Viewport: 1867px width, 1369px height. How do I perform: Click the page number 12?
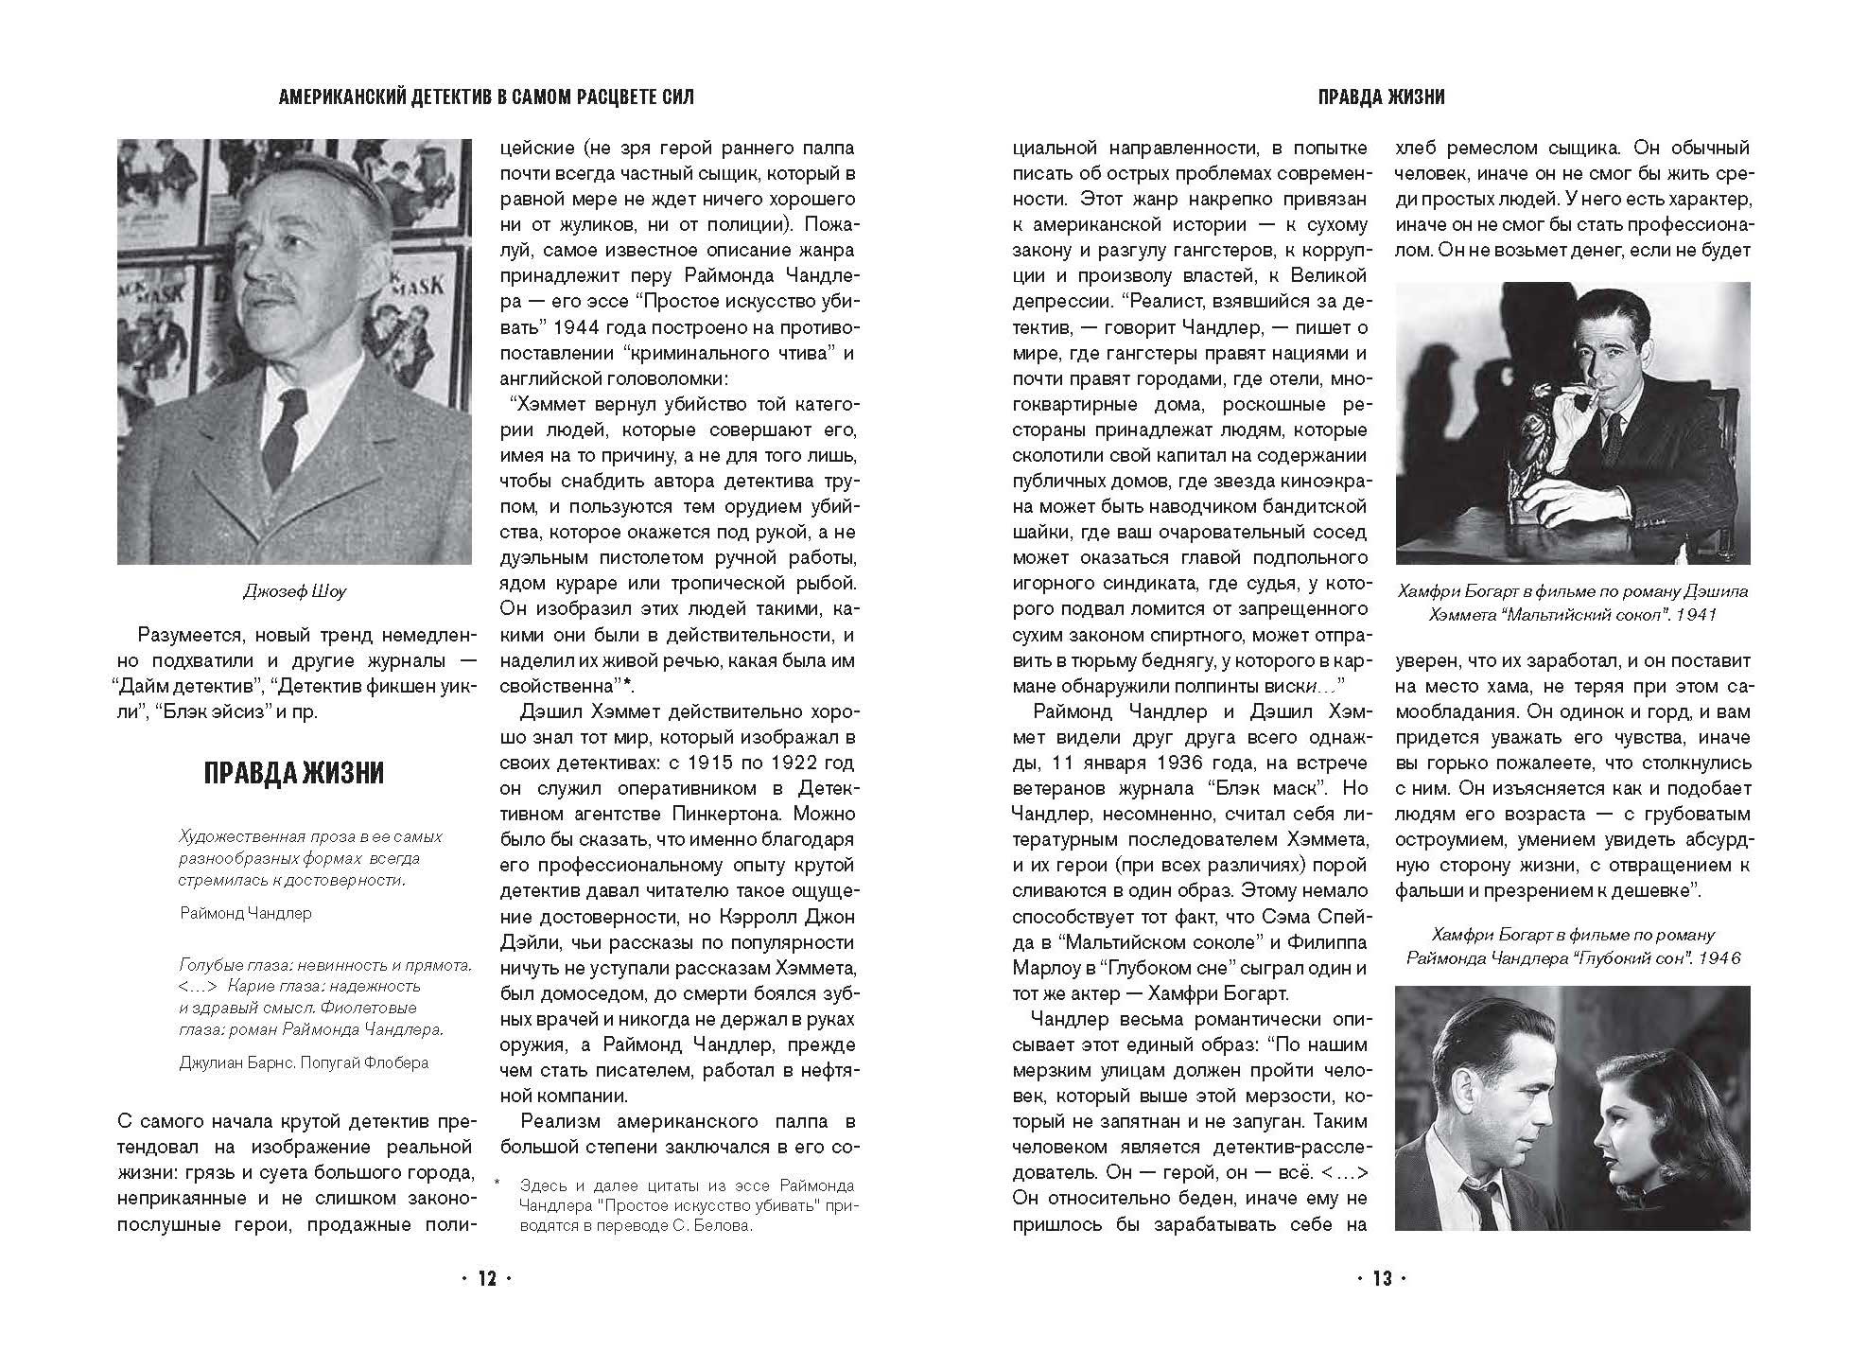[x=486, y=1279]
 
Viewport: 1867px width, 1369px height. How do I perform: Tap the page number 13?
[x=1382, y=1279]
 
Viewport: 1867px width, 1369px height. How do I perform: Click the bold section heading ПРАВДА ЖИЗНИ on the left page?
[x=294, y=773]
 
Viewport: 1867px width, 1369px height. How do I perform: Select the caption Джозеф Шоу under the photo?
[x=294, y=591]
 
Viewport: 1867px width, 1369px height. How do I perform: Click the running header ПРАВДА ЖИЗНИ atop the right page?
[x=1382, y=97]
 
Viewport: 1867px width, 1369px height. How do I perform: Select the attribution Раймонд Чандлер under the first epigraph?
[x=245, y=913]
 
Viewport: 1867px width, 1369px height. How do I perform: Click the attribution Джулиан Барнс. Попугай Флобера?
[x=304, y=1062]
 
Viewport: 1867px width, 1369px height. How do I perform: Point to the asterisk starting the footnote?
[x=496, y=1184]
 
